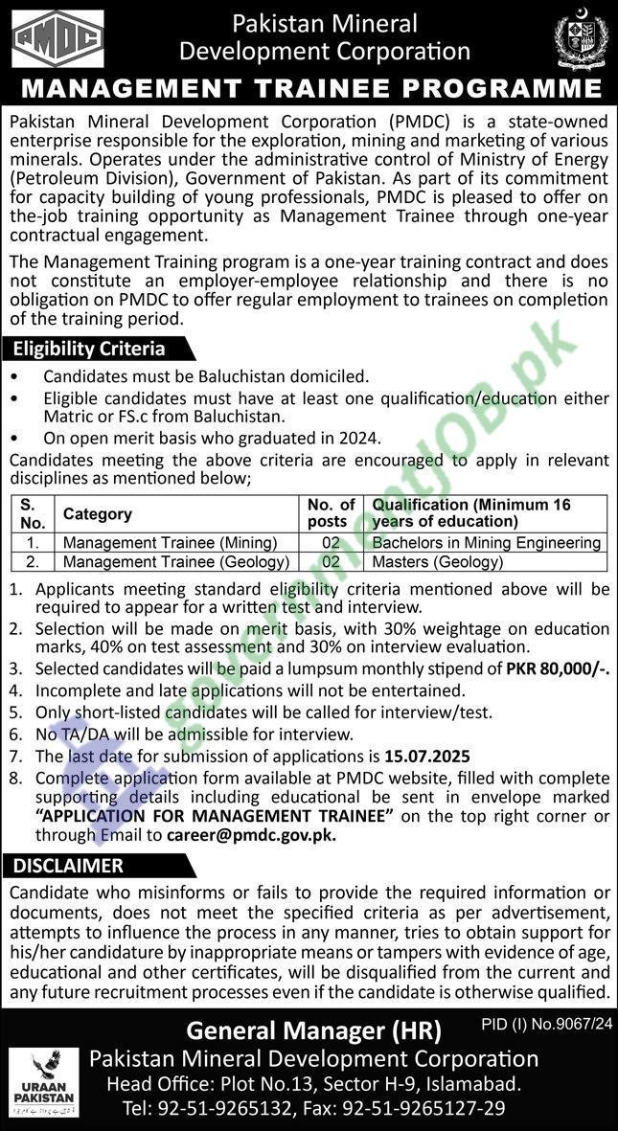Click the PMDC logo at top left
57,38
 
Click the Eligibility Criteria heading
89,350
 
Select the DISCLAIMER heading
69,866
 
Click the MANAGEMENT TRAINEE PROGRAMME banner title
309,89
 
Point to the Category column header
98,514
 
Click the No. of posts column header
331,513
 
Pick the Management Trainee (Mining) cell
170,543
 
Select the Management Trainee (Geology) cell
176,562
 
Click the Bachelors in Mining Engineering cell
486,543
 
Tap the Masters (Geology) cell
437,562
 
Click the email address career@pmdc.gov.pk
251,834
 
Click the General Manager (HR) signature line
313,1030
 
